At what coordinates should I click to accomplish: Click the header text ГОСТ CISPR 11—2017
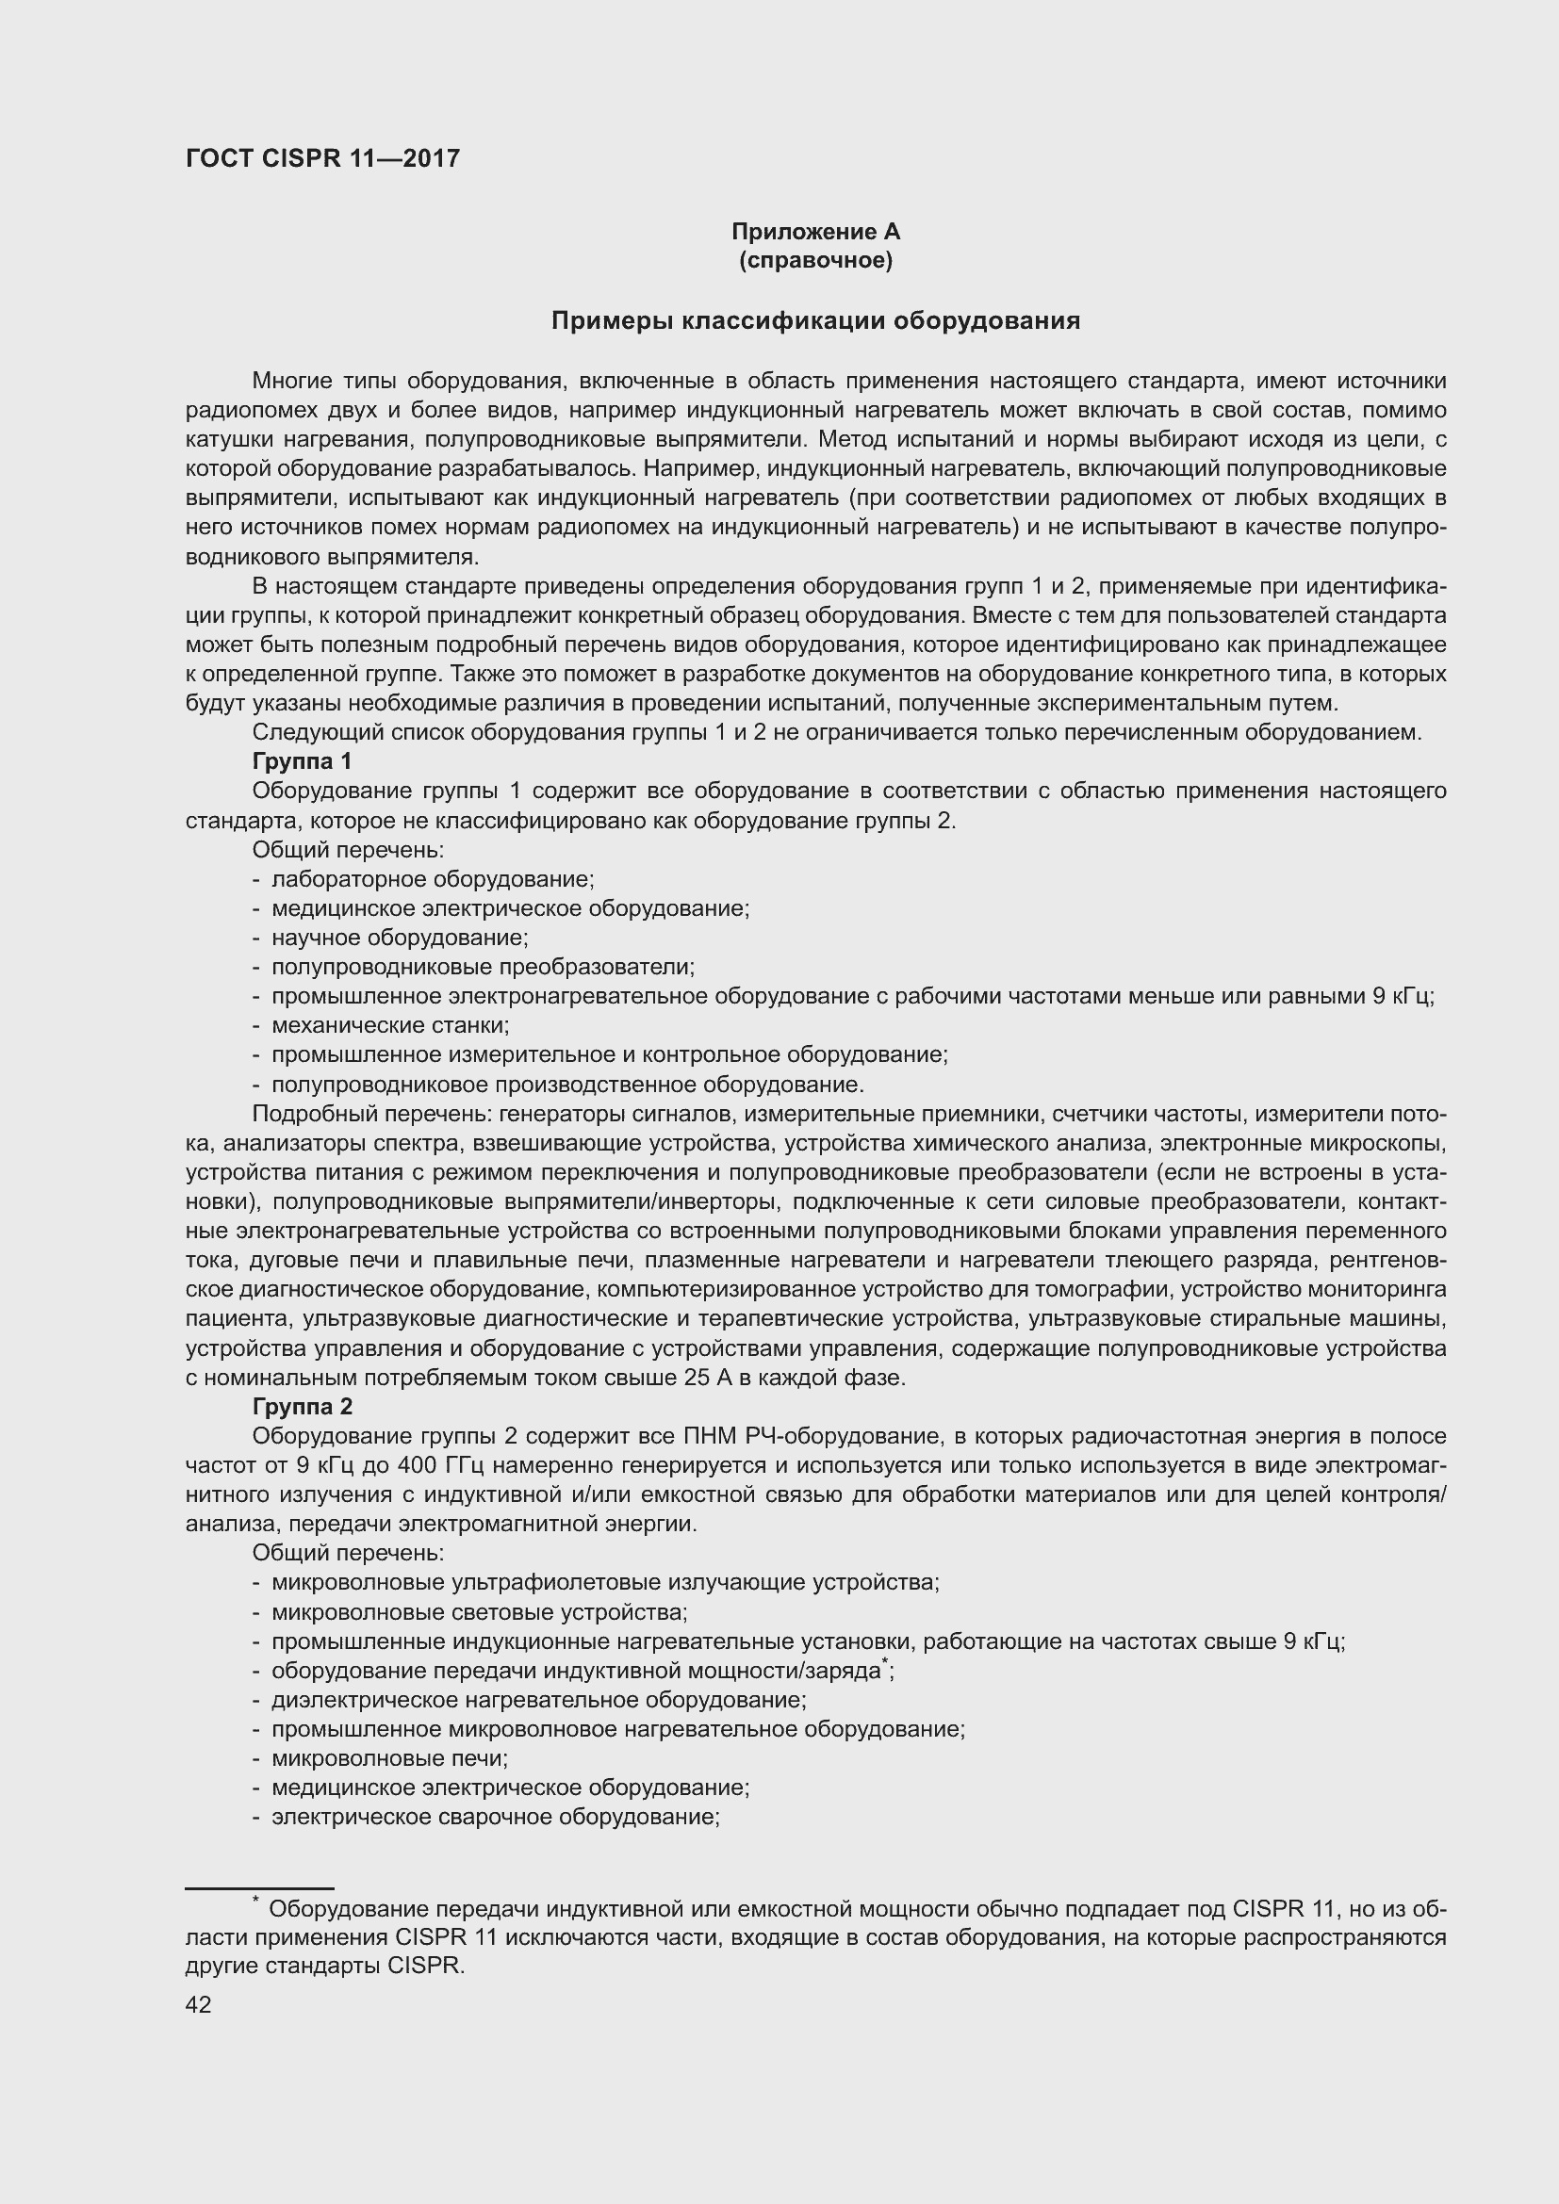pos(322,158)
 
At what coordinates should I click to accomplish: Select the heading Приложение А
pos(815,232)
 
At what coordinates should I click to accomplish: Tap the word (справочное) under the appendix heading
pos(815,261)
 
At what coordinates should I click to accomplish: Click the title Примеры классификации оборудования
pos(815,320)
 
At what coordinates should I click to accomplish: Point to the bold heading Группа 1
pos(302,761)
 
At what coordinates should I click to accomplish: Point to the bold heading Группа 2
pos(302,1406)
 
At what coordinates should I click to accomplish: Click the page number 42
pos(199,2004)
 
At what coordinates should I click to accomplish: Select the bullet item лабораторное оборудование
pos(432,879)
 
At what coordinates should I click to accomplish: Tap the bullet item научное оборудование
pos(400,938)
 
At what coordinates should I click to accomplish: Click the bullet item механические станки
pos(390,1025)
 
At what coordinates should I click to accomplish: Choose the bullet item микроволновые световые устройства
pos(479,1612)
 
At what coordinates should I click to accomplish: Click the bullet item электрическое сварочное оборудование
pos(496,1817)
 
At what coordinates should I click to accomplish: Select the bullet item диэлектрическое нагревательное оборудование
pos(537,1700)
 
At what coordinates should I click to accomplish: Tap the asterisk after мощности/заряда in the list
pos(884,1663)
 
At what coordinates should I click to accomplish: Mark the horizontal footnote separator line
pos(259,1888)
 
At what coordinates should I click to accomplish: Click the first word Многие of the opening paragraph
pos(288,381)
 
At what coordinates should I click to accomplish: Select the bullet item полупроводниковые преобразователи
pos(482,967)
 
